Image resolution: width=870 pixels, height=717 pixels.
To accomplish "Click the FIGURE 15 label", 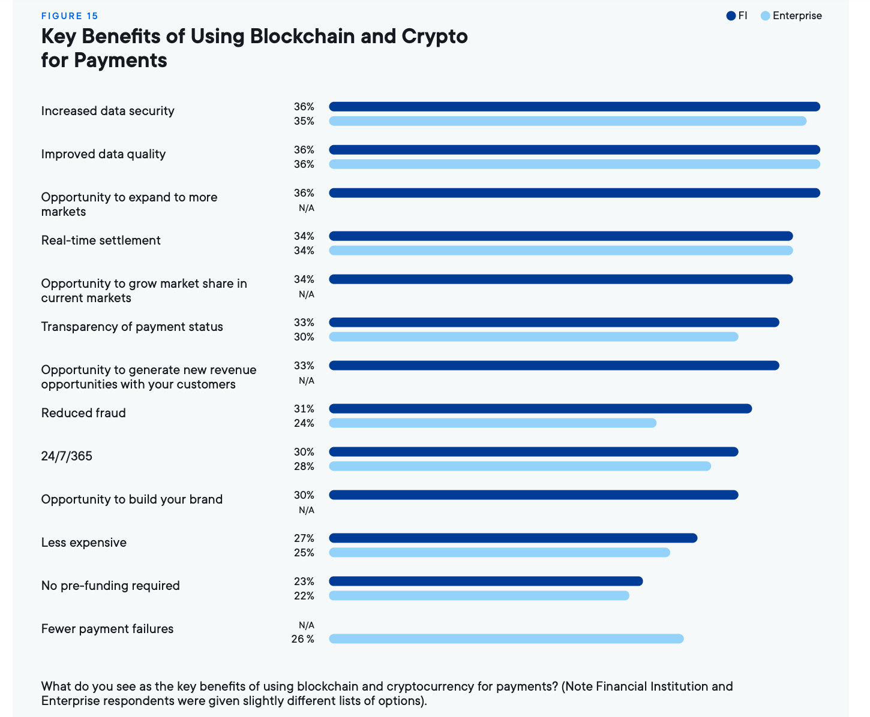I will [70, 16].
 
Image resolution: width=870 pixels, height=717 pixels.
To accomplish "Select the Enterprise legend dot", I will [765, 16].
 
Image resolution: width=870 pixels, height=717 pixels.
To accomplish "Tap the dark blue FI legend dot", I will [731, 16].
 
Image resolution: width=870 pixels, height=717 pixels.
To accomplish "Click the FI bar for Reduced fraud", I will [540, 409].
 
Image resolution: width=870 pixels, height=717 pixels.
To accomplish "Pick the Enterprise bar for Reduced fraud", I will [493, 423].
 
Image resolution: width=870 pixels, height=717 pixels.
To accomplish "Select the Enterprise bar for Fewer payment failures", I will [506, 639].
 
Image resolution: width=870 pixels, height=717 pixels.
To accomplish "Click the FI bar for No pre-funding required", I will [486, 582].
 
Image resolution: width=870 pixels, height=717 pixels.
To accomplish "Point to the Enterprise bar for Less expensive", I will [499, 553].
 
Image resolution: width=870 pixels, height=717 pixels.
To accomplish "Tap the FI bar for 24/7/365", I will [533, 452].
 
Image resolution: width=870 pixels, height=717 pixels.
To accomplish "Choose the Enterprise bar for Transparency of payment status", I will [533, 337].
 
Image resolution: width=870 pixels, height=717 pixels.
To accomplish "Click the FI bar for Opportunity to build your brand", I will [533, 495].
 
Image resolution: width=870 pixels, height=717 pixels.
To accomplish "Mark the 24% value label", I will [304, 423].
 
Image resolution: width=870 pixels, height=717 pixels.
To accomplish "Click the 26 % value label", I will [302, 639].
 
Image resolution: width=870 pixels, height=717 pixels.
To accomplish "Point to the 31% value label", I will [304, 409].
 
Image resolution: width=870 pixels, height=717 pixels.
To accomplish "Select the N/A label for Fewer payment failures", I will [306, 625].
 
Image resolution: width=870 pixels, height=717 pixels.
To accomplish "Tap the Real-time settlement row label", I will [101, 240].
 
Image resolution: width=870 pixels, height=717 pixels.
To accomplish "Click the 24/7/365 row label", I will [67, 456].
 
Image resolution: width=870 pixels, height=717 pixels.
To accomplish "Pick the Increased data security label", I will [107, 111].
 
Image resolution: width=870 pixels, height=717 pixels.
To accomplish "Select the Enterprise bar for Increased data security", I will [568, 121].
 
